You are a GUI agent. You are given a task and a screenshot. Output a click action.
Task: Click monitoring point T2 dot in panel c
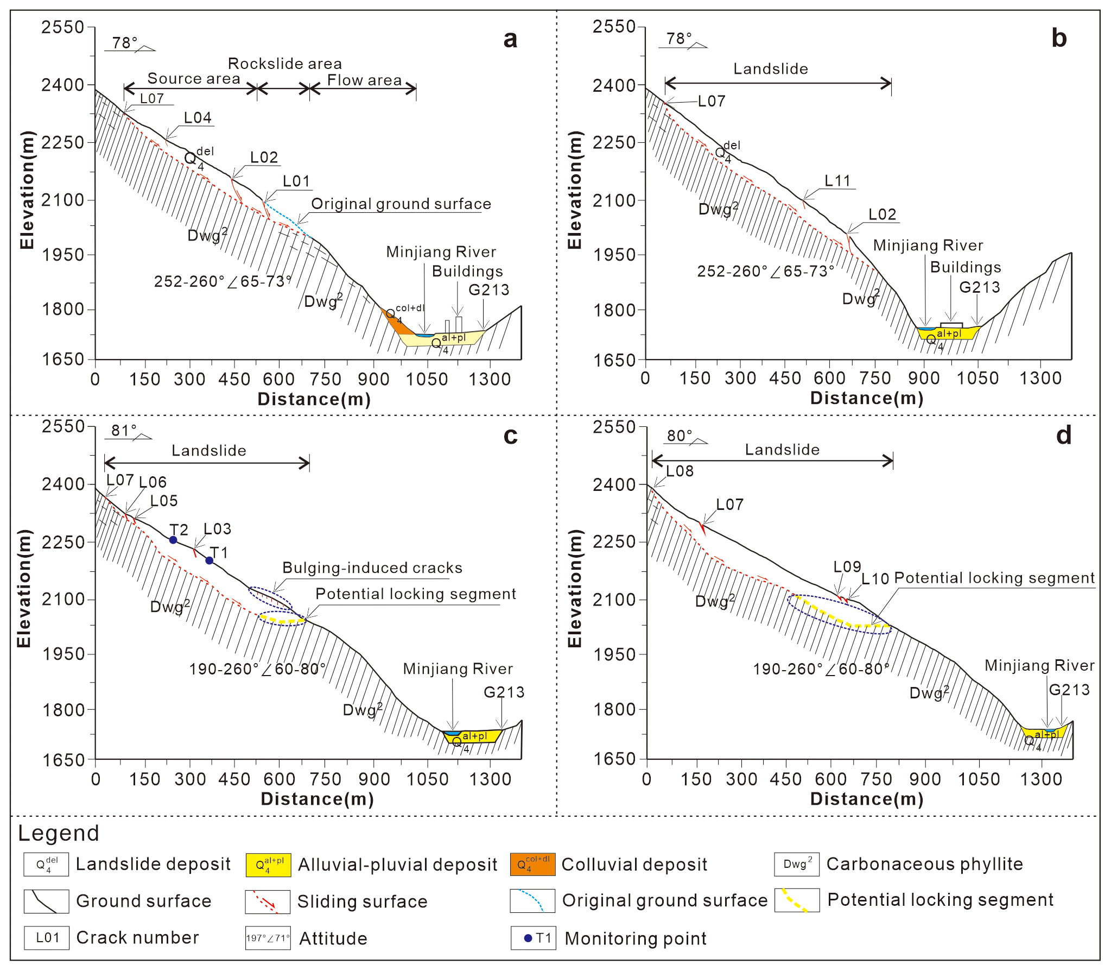(x=173, y=540)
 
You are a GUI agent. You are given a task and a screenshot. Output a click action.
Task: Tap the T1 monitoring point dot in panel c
(x=209, y=560)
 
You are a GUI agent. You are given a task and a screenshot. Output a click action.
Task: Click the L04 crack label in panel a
(x=198, y=118)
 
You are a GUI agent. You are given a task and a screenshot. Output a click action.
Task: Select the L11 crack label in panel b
(x=837, y=181)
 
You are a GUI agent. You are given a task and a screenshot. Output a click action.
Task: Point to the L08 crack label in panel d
(x=680, y=471)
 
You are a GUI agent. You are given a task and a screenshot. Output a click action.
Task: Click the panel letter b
(x=1059, y=39)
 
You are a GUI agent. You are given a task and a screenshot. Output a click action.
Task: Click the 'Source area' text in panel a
(x=194, y=79)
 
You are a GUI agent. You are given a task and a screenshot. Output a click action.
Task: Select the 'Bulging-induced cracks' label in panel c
(x=372, y=568)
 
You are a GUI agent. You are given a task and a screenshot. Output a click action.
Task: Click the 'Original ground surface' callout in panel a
(x=401, y=204)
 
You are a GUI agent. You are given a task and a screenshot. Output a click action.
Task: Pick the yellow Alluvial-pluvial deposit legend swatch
(x=268, y=865)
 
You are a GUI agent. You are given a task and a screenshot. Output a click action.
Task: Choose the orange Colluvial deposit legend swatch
(x=532, y=865)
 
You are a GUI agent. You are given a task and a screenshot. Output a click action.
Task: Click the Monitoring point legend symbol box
(x=533, y=938)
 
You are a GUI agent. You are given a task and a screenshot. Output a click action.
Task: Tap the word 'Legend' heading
(x=59, y=834)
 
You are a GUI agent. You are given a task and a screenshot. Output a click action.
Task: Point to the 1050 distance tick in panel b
(x=977, y=378)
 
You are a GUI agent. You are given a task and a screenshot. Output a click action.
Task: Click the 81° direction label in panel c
(x=124, y=431)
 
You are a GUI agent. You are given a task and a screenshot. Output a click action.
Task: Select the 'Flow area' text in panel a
(x=364, y=80)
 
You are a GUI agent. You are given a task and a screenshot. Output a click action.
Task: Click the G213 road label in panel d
(x=1069, y=690)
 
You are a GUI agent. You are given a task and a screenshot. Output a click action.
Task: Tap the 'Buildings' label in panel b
(x=966, y=267)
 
